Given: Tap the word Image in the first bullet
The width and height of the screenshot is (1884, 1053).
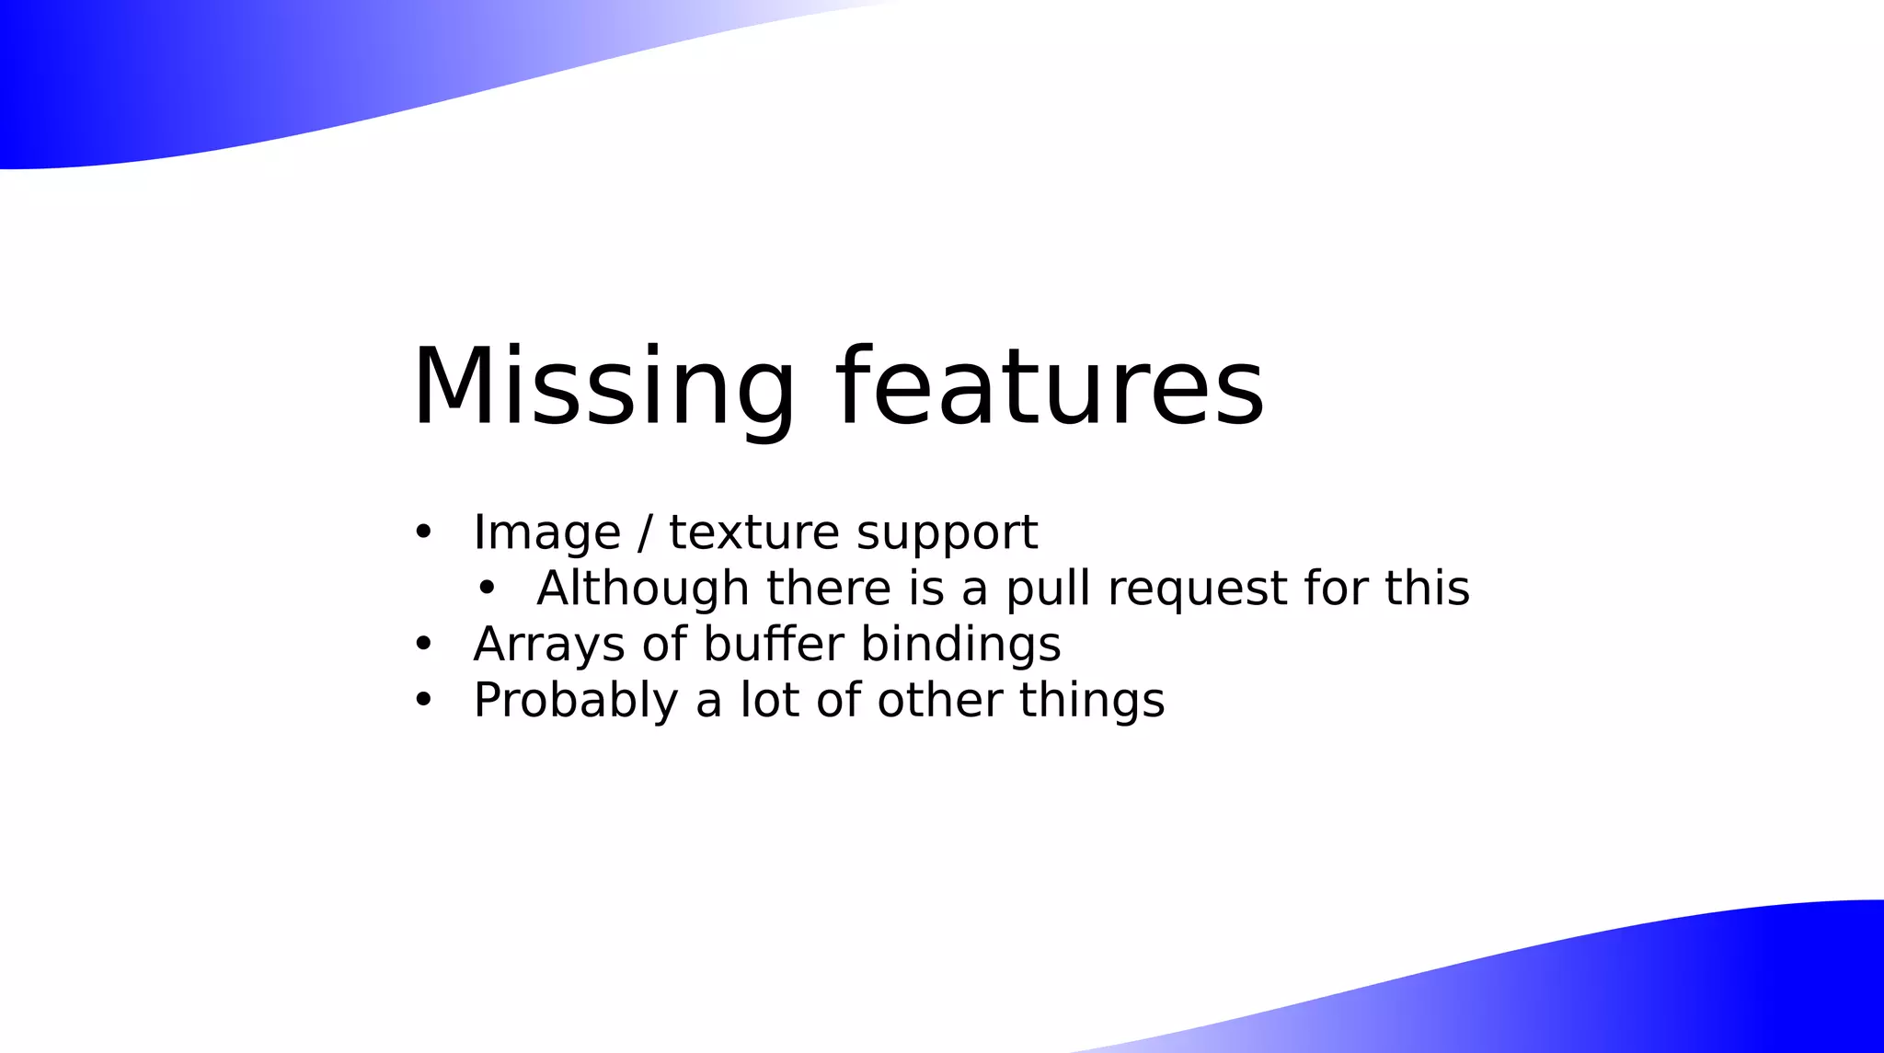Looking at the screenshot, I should point(546,532).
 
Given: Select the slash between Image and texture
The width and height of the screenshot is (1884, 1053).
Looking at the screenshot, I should point(645,532).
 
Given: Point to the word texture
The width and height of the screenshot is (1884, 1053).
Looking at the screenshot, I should point(753,532).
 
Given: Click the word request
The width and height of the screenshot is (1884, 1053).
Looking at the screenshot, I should point(1198,589).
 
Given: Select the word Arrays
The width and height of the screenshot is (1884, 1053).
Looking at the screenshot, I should point(549,645).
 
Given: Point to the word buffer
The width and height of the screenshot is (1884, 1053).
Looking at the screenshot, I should point(773,644).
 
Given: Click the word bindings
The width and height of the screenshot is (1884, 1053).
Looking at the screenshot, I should point(960,645).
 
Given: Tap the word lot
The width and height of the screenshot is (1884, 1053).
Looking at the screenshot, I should point(769,700).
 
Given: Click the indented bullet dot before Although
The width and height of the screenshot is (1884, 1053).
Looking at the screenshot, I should point(487,588).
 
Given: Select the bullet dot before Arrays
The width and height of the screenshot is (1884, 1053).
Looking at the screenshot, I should point(423,644).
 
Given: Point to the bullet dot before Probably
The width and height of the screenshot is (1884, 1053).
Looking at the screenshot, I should point(423,700).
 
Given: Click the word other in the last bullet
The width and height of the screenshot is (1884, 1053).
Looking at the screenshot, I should point(939,700).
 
